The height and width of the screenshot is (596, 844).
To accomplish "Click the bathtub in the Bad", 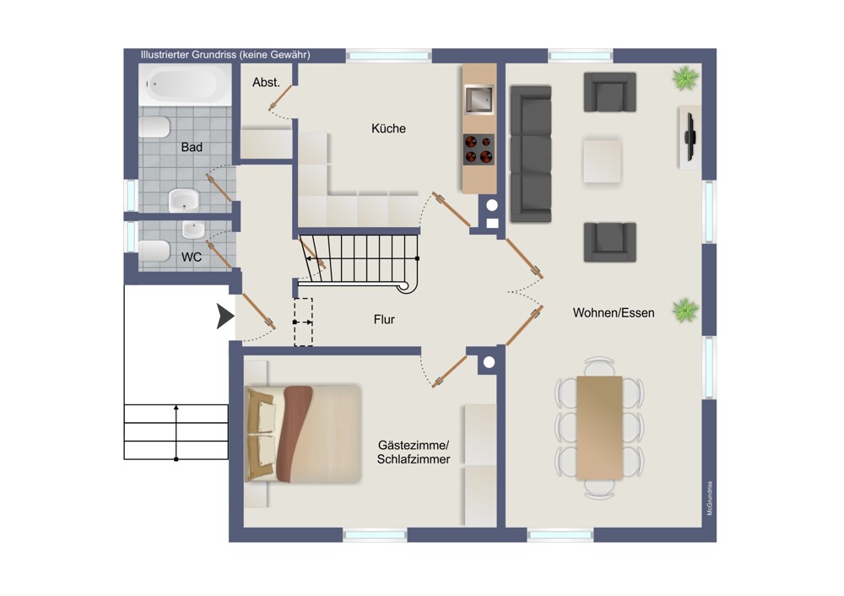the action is (185, 84).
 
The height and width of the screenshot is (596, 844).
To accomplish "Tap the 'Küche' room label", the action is (388, 128).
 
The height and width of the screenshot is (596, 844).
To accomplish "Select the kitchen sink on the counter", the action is (479, 100).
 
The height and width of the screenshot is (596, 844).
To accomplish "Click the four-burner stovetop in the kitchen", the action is (479, 149).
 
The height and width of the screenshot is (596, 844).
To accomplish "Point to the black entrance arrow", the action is (225, 316).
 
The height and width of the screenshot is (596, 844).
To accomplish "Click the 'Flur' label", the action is (384, 320).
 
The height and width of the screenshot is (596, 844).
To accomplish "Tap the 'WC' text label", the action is (191, 257).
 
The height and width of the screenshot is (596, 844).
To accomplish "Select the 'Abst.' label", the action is (266, 83).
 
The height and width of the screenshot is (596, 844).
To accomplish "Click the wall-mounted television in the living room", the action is (690, 137).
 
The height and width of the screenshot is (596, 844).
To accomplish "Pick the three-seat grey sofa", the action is (531, 154).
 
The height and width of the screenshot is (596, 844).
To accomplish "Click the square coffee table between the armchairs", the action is (602, 160).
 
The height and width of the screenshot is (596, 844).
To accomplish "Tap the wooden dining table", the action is (599, 427).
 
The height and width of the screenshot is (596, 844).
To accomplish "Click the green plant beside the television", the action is (685, 79).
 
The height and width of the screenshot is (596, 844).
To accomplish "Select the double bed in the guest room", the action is (303, 433).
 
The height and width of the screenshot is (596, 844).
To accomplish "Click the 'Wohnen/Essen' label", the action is (614, 313).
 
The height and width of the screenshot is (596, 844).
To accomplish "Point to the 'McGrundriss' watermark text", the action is (710, 498).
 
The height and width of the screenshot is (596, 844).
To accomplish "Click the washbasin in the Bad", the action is (184, 200).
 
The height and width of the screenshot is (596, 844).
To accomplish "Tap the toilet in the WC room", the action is (154, 252).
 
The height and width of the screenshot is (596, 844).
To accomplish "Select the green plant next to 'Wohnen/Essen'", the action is (685, 311).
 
